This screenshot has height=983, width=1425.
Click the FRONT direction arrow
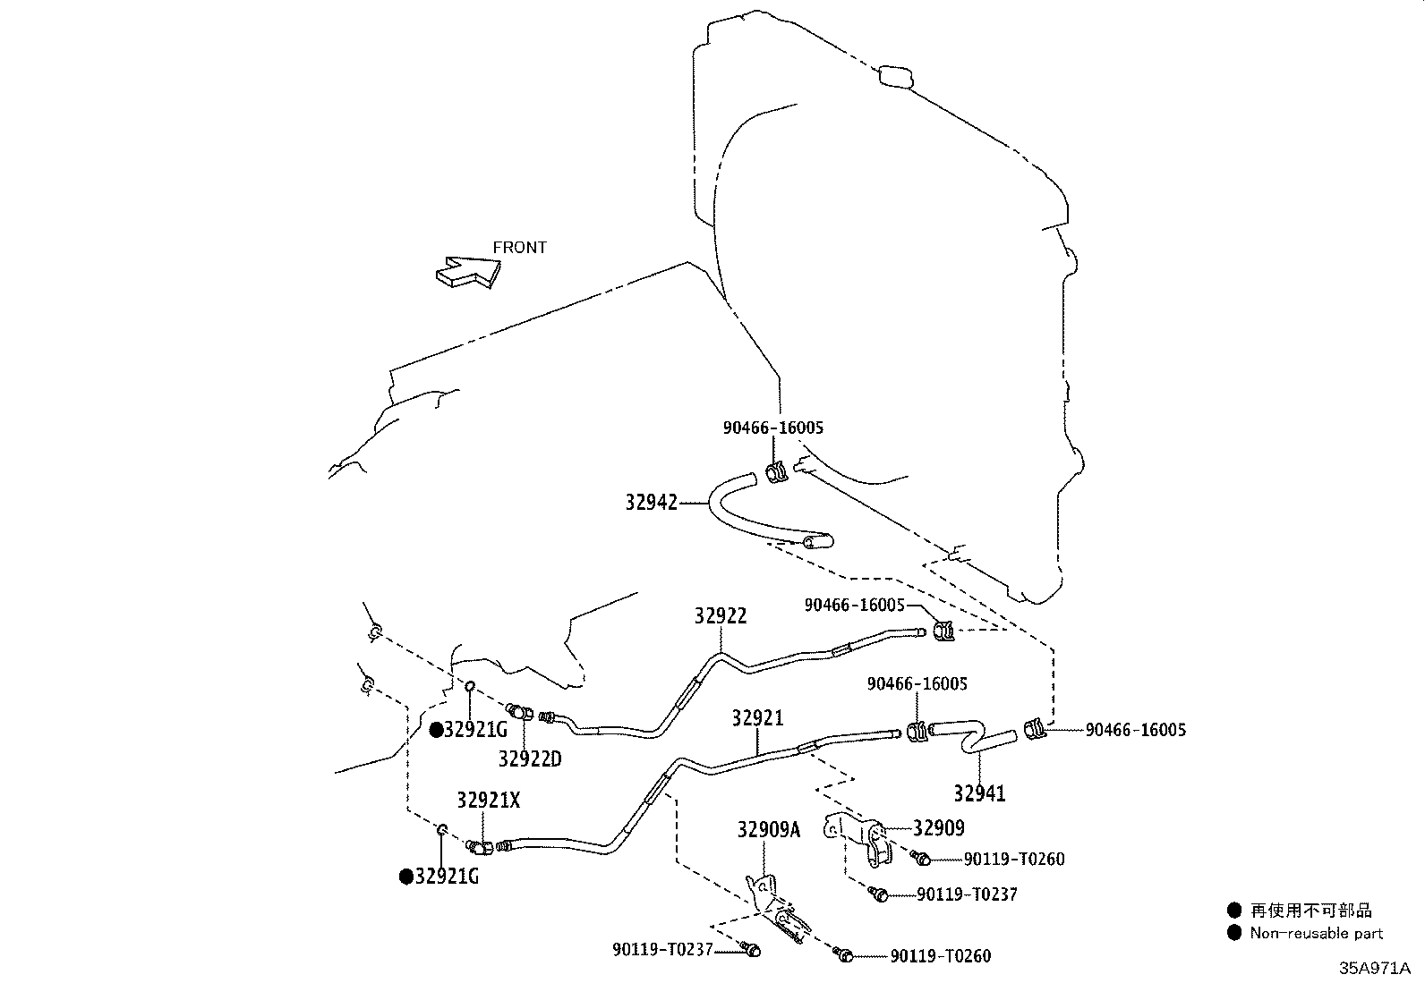(x=468, y=272)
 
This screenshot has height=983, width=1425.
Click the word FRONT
(x=520, y=248)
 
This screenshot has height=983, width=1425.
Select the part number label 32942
(x=652, y=503)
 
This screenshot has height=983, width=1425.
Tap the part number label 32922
(x=721, y=615)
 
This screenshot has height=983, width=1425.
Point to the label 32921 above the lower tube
(x=757, y=718)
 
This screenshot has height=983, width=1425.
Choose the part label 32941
(x=979, y=793)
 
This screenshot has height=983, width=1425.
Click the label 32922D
(x=530, y=758)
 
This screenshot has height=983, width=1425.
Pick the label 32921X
(x=489, y=800)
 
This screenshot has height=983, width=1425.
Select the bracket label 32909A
(x=769, y=830)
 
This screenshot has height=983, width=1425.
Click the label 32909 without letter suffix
(x=939, y=828)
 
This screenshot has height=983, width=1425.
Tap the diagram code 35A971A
(x=1375, y=969)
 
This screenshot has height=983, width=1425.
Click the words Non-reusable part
(x=1316, y=934)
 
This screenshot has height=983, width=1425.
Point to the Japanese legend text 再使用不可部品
(x=1311, y=911)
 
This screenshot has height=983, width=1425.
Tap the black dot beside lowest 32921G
(x=405, y=877)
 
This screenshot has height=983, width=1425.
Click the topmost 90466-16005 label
(x=773, y=428)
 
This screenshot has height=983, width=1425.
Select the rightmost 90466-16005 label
(x=1136, y=730)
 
